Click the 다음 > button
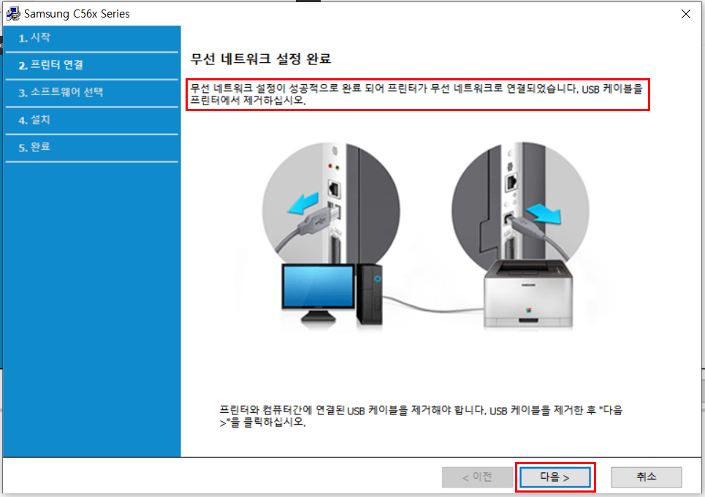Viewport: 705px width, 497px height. tap(555, 477)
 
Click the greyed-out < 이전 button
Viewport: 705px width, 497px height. tap(477, 477)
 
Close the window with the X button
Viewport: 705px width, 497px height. tap(685, 14)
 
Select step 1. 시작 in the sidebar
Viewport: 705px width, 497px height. tap(35, 38)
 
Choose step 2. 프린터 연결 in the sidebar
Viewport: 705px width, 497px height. tap(51, 65)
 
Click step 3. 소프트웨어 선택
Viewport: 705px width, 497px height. tap(61, 93)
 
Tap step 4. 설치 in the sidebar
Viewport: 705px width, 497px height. tap(35, 120)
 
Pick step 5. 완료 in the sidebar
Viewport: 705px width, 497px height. tap(35, 147)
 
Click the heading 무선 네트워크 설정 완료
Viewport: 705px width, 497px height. tap(266, 58)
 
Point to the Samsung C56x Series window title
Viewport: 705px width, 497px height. tap(77, 14)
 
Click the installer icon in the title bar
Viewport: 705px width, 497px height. tap(13, 14)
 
